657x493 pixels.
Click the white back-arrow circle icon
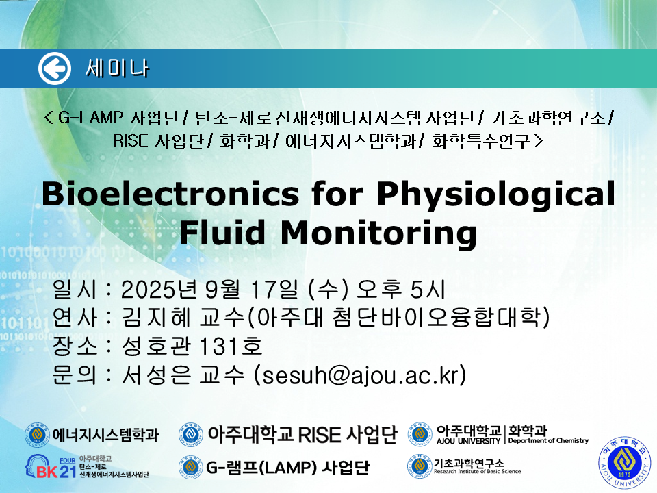point(55,68)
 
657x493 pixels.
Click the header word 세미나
point(117,68)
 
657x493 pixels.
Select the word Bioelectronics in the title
point(170,194)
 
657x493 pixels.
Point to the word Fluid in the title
point(222,232)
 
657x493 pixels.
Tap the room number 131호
point(231,346)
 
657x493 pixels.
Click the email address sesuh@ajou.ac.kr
point(360,375)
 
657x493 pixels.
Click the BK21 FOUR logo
point(51,467)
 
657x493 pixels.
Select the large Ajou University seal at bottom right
point(625,462)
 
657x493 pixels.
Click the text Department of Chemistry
point(548,440)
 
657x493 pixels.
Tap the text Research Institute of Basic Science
point(477,471)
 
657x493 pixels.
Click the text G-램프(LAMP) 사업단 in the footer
point(288,467)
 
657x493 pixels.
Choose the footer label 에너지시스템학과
point(105,435)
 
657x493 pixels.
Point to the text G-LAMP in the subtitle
point(90,117)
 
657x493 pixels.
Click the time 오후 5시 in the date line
point(400,289)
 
